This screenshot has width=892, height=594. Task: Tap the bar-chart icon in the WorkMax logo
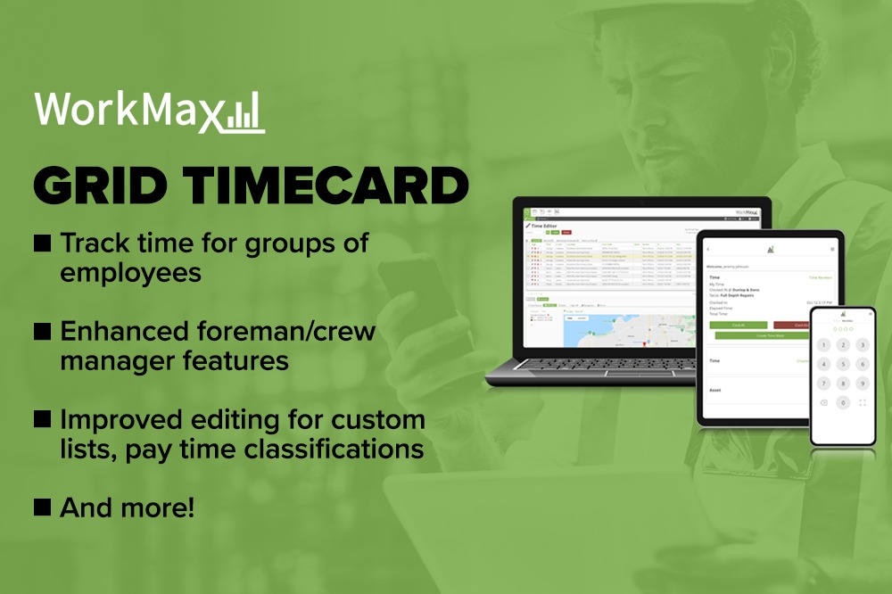tap(242, 114)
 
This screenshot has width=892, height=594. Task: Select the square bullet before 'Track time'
tap(42, 243)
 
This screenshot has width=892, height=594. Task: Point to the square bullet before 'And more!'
tap(42, 507)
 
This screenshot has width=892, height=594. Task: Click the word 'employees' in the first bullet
tap(130, 272)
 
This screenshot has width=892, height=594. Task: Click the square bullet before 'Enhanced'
tap(42, 332)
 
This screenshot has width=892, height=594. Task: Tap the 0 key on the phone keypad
tap(843, 403)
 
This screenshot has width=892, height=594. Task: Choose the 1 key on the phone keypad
tap(822, 344)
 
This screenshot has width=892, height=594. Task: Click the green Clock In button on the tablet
tap(739, 326)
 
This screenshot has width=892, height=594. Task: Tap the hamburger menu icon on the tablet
tap(832, 249)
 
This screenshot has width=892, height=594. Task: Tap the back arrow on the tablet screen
tap(709, 249)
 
